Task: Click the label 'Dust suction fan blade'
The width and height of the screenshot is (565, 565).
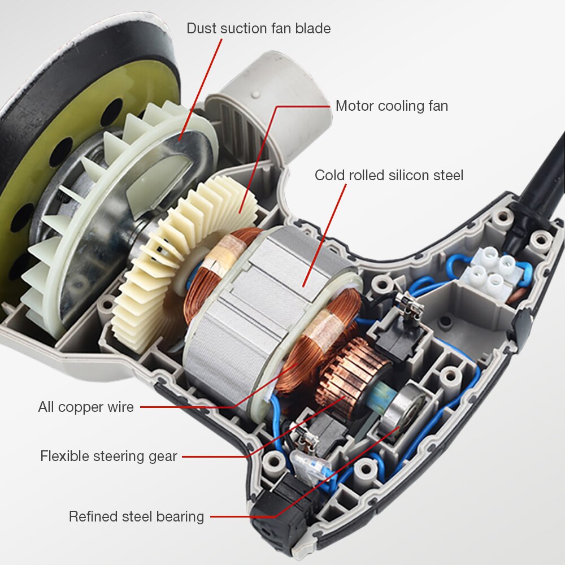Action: tap(258, 28)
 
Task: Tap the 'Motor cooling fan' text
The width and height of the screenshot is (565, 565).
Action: tap(392, 106)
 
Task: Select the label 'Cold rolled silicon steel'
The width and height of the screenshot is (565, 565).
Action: tap(389, 175)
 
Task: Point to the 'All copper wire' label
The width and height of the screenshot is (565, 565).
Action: tap(86, 407)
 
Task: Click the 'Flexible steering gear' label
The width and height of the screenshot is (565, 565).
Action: tap(108, 456)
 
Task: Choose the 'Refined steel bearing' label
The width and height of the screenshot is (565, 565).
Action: tap(136, 517)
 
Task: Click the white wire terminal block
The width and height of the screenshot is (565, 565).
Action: tap(494, 273)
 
